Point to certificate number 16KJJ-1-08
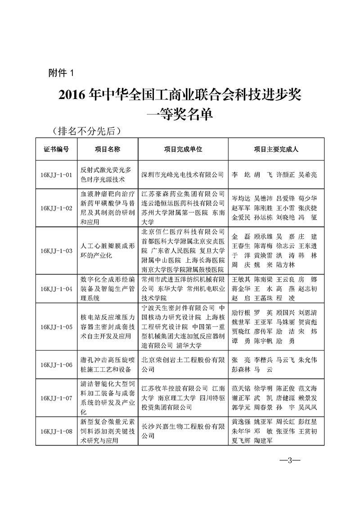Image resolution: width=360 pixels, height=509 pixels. coord(56,431)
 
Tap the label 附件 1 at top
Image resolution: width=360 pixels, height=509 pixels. coord(63,72)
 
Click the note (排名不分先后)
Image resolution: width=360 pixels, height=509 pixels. coord(87,131)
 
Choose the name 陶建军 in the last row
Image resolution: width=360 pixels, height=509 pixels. coord(263,441)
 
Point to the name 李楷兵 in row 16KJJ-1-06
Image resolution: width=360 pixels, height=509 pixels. coord(263,360)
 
